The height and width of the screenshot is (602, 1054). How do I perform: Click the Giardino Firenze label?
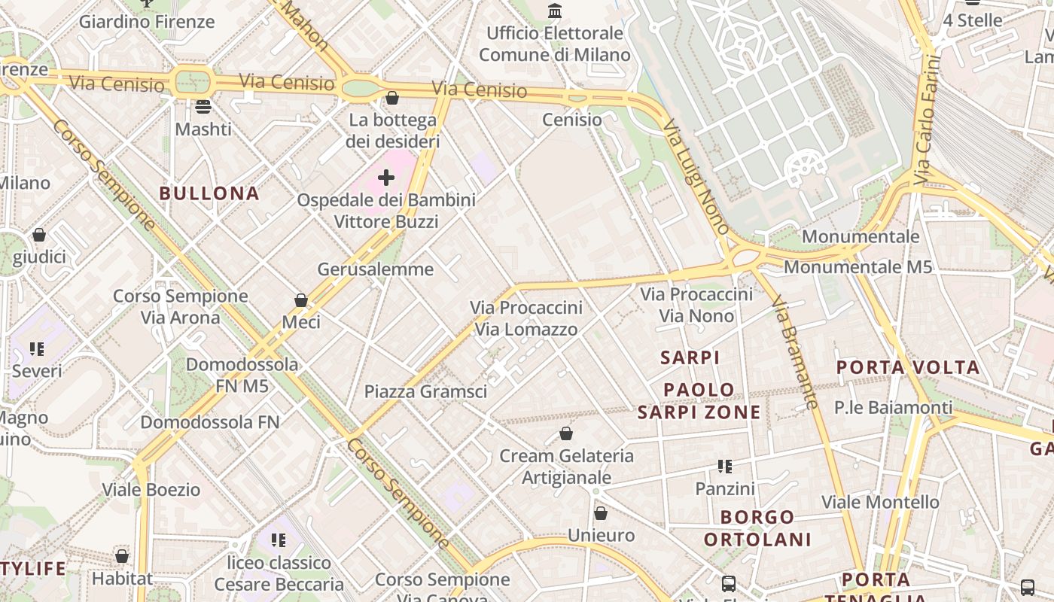147,21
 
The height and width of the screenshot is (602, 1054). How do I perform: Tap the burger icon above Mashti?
203,107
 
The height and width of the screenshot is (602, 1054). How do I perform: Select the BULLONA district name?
209,193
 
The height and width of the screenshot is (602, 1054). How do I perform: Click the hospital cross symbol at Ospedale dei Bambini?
386,178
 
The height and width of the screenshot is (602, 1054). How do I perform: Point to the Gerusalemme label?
375,269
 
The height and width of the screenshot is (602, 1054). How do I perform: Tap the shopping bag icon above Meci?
301,300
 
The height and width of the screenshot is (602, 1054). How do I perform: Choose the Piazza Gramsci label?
425,391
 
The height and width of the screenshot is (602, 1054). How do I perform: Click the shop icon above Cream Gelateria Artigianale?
566,433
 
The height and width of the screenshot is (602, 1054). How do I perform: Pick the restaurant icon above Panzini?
725,467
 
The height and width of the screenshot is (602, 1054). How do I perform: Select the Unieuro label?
601,536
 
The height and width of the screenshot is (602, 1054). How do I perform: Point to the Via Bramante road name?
795,351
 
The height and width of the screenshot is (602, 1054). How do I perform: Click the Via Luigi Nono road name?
696,178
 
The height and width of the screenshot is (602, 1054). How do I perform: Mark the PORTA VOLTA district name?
908,368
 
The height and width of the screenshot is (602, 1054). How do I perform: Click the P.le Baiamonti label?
893,408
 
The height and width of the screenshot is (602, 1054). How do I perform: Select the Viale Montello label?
880,502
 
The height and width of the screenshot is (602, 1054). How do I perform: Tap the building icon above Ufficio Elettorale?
555,11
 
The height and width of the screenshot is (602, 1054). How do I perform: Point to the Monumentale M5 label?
858,267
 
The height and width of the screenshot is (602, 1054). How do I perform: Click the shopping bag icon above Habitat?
122,556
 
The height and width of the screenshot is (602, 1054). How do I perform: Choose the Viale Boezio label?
151,490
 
